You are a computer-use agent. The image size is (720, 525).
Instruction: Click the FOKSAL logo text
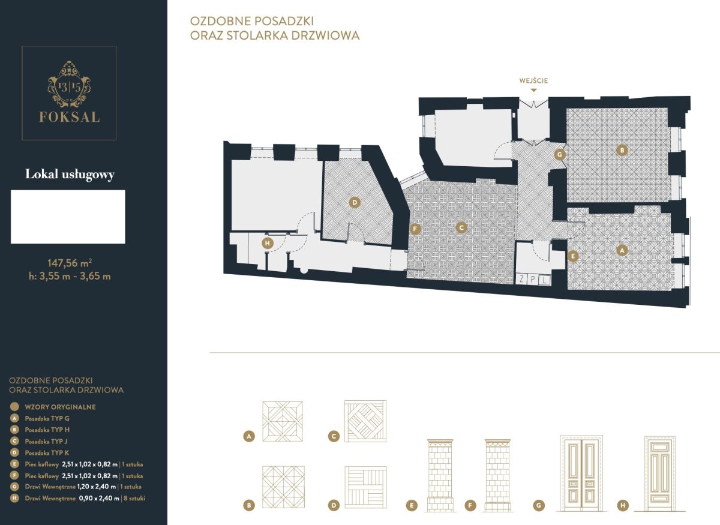pos(70,117)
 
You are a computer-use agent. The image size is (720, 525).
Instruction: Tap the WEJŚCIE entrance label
pos(533,80)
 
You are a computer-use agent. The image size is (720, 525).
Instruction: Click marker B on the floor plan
pos(622,150)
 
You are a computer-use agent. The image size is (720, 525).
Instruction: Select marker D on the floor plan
pos(355,203)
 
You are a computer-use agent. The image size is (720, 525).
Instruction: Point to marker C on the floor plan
pos(461,228)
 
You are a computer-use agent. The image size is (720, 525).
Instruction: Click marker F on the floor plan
pos(415,229)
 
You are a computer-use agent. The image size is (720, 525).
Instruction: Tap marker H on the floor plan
pos(268,244)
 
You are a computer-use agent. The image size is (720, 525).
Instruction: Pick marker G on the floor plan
pos(560,155)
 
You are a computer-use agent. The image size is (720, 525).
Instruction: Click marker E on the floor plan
pos(573,256)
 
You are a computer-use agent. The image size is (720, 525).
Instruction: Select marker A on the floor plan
pos(622,250)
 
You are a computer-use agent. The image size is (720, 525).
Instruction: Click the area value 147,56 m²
pos(70,263)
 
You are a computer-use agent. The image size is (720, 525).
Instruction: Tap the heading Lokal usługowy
pos(70,174)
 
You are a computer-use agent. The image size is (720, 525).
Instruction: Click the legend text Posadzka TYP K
pos(47,452)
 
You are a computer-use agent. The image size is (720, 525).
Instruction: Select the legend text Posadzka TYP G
pos(47,418)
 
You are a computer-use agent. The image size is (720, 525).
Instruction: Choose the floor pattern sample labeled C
pos(365,421)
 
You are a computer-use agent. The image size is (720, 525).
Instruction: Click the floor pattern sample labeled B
pos(283,487)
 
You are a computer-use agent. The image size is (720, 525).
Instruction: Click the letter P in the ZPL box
pos(533,280)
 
